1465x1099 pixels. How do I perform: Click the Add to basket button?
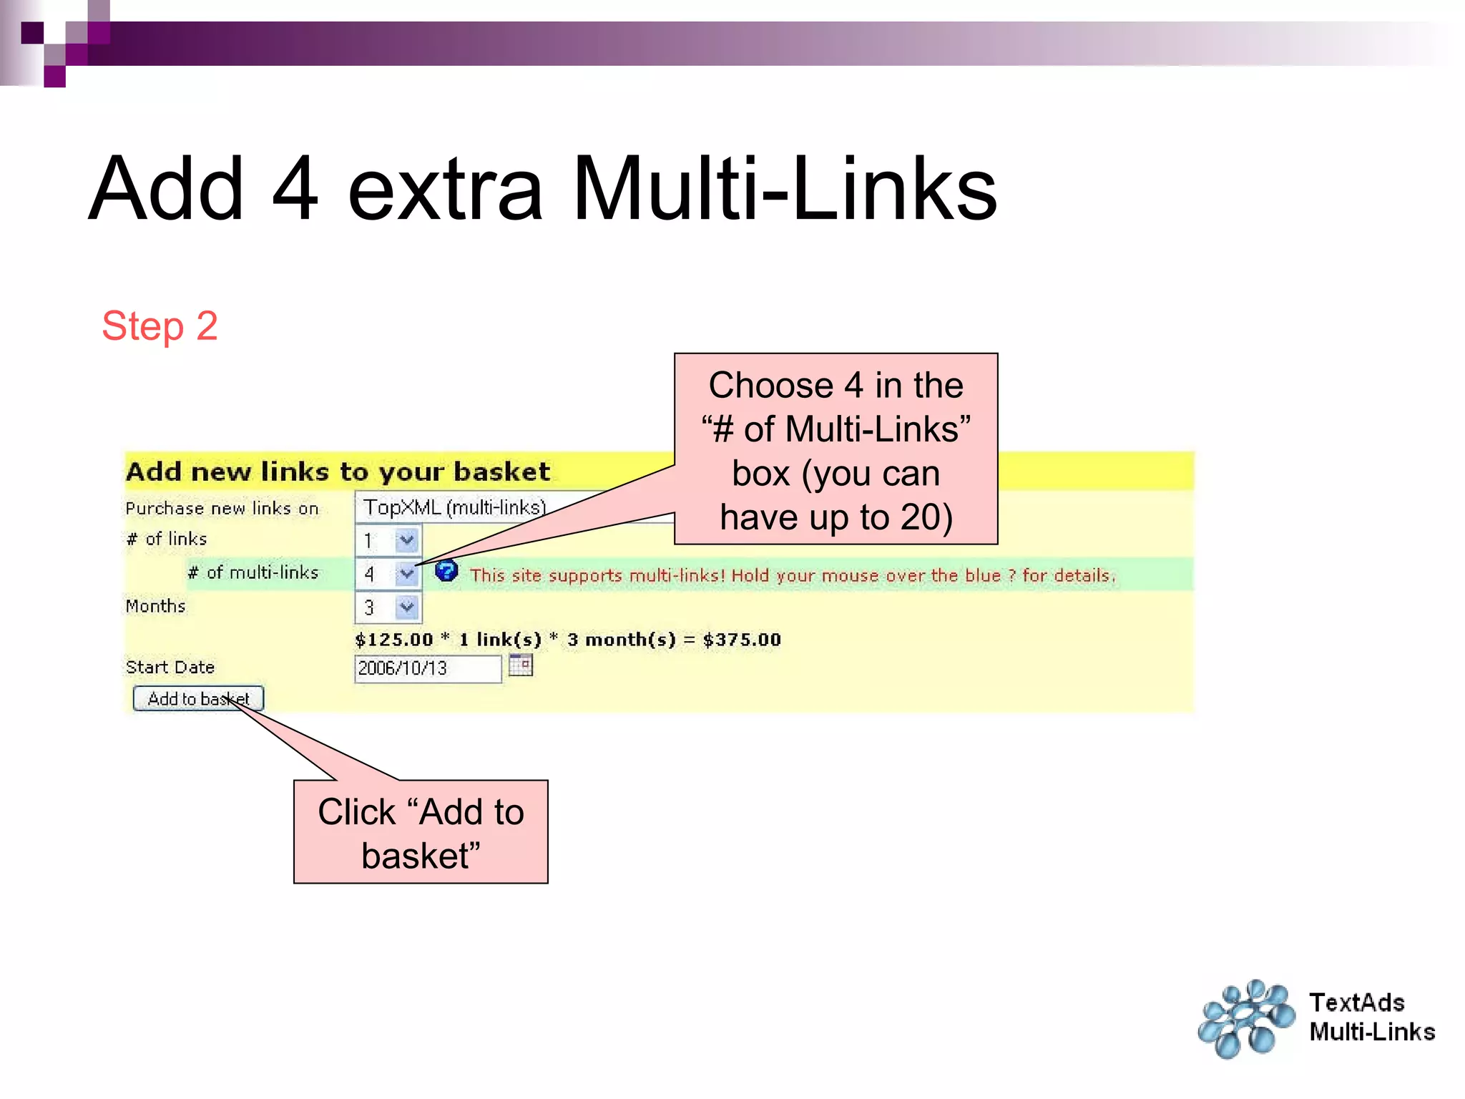click(x=198, y=698)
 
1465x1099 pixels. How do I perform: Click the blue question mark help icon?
click(x=446, y=571)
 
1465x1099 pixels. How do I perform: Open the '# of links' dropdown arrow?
click(x=407, y=539)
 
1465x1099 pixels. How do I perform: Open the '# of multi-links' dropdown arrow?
click(x=407, y=573)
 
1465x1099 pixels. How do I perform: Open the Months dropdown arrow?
click(x=407, y=607)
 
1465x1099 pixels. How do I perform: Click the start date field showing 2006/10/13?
click(x=427, y=668)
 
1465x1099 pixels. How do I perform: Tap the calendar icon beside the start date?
click(x=521, y=665)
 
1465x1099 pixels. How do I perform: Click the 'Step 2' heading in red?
click(x=160, y=326)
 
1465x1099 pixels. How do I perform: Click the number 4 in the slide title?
click(x=295, y=189)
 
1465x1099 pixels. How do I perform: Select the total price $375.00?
click(x=742, y=639)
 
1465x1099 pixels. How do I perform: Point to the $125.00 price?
click(x=394, y=639)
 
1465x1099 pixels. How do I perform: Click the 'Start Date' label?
click(x=170, y=667)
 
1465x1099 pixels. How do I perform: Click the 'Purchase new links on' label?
click(x=222, y=508)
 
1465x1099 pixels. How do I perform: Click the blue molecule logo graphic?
click(x=1246, y=1019)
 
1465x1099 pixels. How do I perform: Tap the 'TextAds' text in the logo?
click(x=1356, y=1002)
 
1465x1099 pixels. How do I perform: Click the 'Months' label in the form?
click(x=155, y=605)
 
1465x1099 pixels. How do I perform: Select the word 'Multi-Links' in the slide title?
click(x=784, y=189)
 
